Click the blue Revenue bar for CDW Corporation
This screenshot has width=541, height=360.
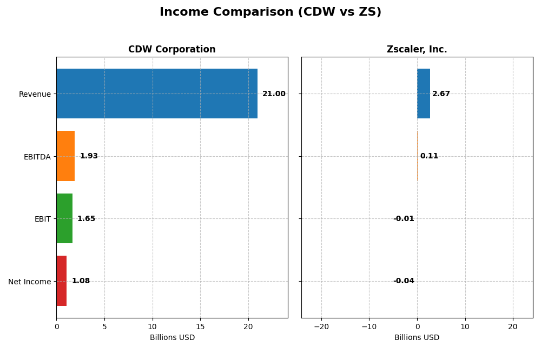tap(157, 94)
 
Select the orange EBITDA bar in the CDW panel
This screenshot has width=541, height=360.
tap(65, 156)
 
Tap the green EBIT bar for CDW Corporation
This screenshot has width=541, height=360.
tap(64, 218)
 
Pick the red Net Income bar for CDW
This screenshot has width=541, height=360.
tap(62, 281)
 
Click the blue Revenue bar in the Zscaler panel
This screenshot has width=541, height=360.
tap(424, 94)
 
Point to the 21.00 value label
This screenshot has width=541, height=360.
tap(274, 94)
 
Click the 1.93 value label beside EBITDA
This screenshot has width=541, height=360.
tap(89, 156)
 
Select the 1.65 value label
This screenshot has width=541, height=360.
tap(86, 219)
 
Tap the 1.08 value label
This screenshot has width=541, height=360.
tap(81, 281)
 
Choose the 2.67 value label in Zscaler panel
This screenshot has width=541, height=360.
tap(441, 94)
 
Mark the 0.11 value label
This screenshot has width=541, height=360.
tap(429, 156)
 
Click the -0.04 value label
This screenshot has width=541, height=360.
tap(404, 281)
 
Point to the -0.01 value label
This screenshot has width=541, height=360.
tap(404, 219)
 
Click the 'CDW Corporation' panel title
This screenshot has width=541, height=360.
tap(171, 50)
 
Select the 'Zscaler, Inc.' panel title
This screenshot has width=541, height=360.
tap(417, 50)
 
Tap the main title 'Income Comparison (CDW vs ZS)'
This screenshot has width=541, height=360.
tap(270, 12)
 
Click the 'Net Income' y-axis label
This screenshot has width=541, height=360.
tap(29, 282)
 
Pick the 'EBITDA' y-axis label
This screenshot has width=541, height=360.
tap(37, 157)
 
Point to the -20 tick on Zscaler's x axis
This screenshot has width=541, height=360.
tap(321, 326)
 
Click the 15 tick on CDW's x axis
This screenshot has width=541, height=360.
tap(200, 326)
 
